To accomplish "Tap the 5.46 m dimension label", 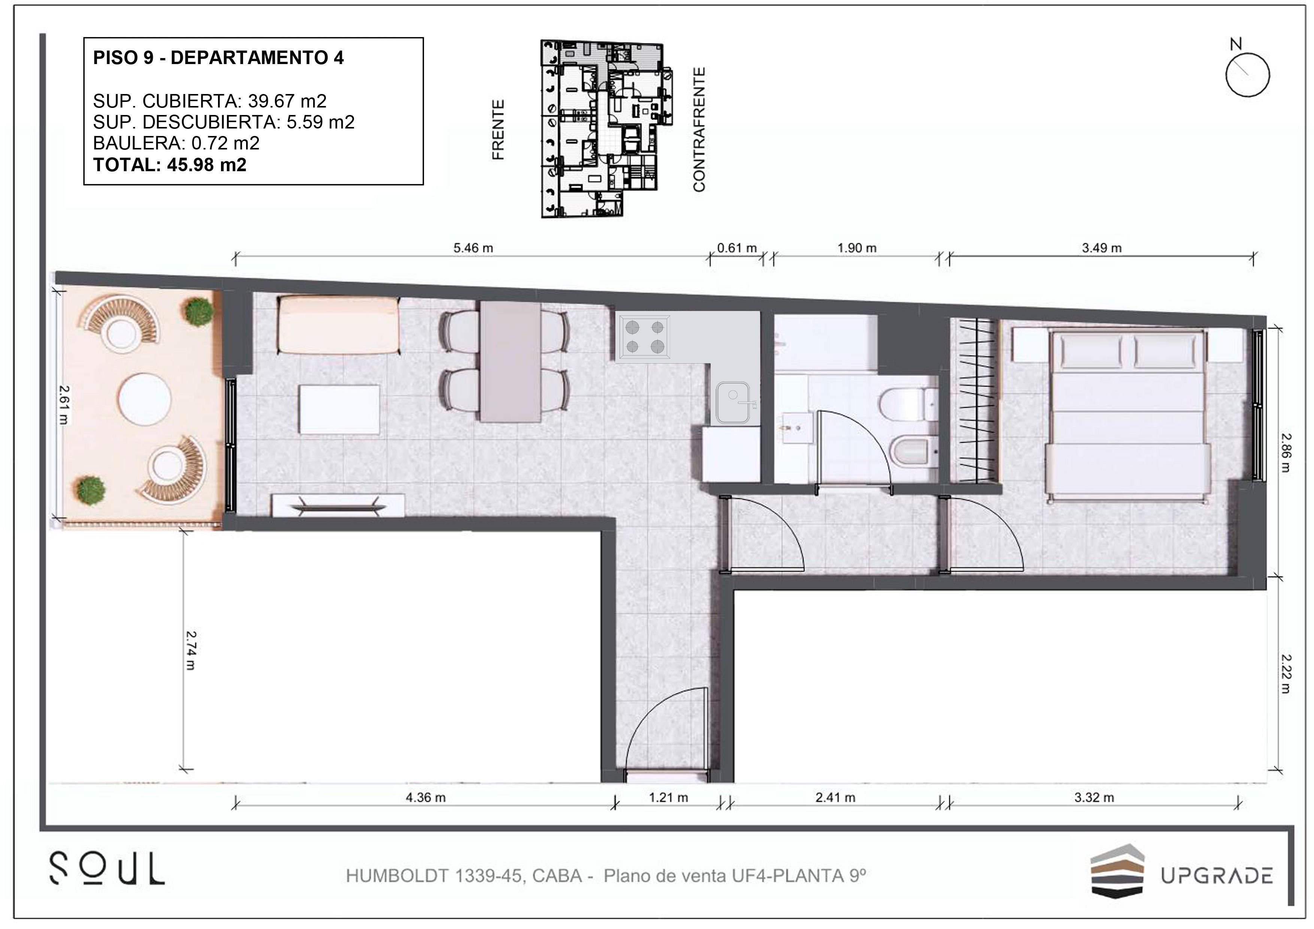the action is pos(473,248).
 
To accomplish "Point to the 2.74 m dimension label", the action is pos(191,650).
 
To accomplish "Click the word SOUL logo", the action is pos(107,868).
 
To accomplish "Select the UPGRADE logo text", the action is pos(1217,876).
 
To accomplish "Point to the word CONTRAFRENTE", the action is pos(699,129).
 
